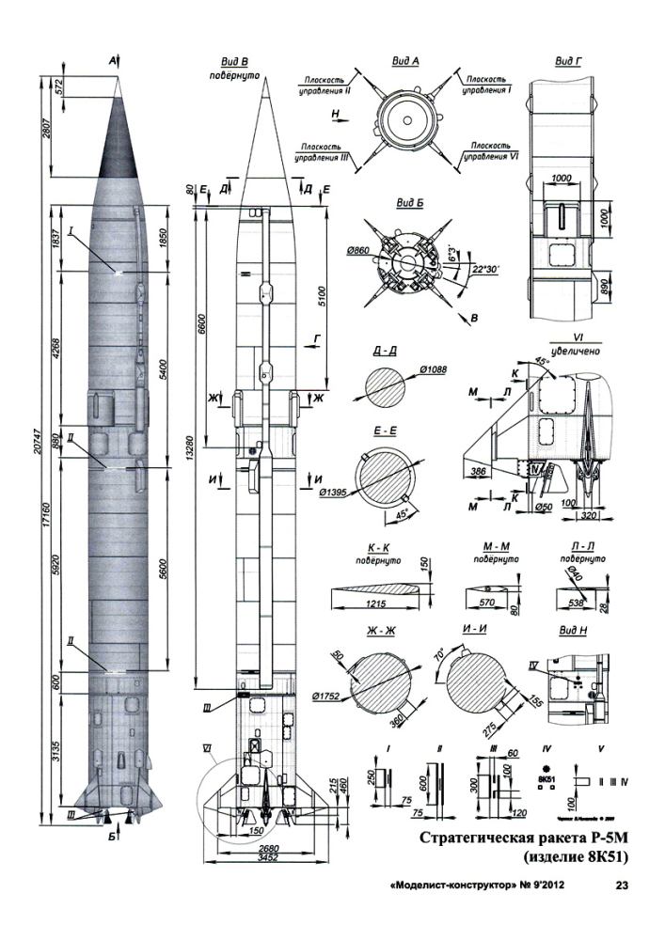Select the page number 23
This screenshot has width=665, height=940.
[x=623, y=885]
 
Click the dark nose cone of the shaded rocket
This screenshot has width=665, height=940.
[x=118, y=141]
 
